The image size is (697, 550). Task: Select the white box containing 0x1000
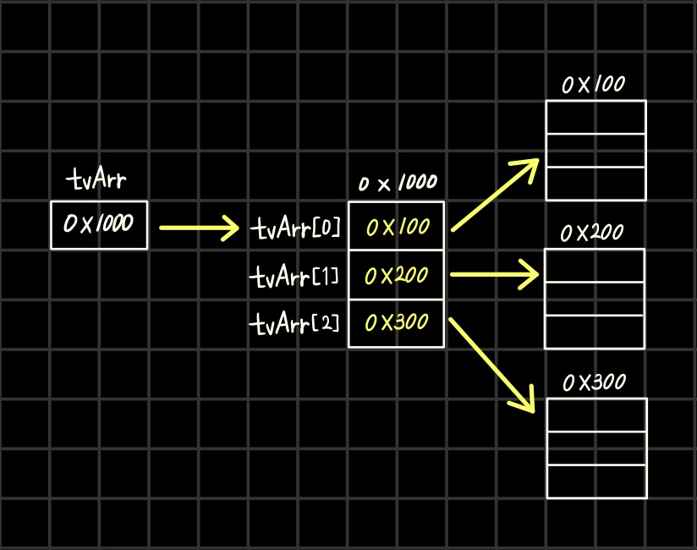point(99,225)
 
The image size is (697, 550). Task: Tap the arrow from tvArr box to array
point(200,228)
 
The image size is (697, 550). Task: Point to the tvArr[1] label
point(295,276)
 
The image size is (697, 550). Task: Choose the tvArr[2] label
point(295,322)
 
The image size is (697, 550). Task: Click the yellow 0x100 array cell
point(397,227)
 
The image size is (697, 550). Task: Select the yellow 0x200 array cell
point(397,275)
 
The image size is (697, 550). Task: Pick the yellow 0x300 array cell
point(397,322)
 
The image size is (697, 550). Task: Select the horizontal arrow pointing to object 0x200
point(495,274)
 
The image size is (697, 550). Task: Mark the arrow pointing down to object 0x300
point(493,364)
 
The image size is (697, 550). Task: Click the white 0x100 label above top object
point(594,85)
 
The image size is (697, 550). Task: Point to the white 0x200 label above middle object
point(594,234)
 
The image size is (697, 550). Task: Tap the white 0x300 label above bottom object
point(595,382)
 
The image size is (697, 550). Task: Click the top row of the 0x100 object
point(595,118)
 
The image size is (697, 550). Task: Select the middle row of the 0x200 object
point(595,299)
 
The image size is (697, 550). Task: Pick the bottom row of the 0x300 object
point(595,481)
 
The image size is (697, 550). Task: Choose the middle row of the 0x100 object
point(595,150)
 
